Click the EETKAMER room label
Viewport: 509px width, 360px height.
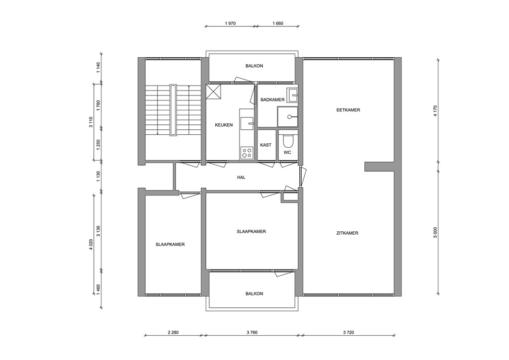pos(348,110)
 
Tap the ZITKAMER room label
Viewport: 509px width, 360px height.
pos(347,233)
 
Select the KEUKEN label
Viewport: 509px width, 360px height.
pos(224,125)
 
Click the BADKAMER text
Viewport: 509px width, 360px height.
pos(272,99)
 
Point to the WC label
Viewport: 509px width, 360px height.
pos(287,153)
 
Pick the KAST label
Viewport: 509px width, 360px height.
pos(265,145)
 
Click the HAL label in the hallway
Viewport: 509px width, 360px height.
pos(241,177)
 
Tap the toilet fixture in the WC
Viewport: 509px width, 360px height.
pos(287,140)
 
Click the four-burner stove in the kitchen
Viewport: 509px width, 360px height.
pos(247,153)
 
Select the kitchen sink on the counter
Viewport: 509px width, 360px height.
pos(247,122)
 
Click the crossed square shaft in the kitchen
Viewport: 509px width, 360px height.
pos(214,92)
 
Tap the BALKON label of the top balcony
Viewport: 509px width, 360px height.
pos(254,66)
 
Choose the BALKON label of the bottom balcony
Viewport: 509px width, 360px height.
pos(254,293)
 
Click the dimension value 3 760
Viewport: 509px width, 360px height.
pos(254,332)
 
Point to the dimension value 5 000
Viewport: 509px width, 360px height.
pos(435,232)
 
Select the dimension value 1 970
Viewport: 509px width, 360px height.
pos(230,23)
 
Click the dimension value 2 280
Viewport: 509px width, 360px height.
pos(173,332)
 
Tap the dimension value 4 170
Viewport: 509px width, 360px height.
pos(435,110)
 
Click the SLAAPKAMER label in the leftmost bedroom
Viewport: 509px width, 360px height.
pos(170,244)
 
